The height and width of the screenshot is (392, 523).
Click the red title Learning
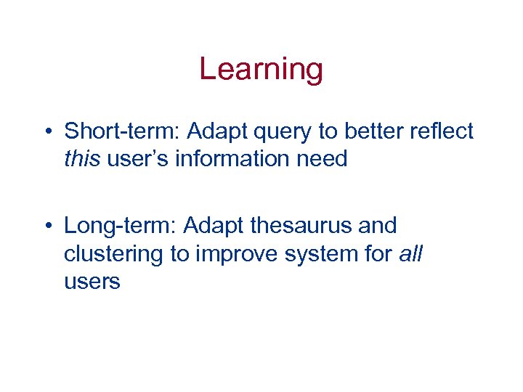(x=261, y=70)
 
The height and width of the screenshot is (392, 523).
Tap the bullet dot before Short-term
(x=47, y=132)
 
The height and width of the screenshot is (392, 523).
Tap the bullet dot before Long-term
(x=47, y=226)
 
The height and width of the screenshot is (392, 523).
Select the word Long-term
(x=118, y=226)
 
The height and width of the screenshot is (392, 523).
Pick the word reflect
(x=439, y=131)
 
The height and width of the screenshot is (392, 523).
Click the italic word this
(x=82, y=159)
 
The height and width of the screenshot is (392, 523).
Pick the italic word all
(x=411, y=253)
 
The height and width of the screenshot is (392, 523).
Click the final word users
(x=92, y=282)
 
